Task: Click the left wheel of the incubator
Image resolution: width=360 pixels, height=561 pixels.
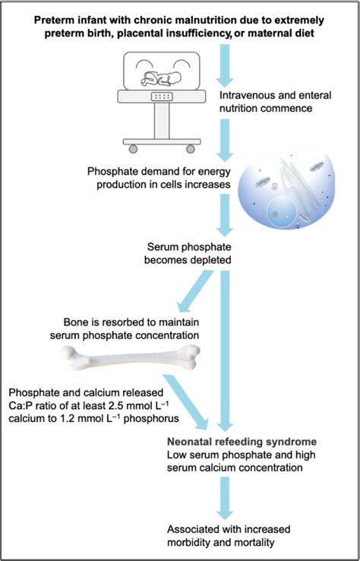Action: point(133,147)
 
